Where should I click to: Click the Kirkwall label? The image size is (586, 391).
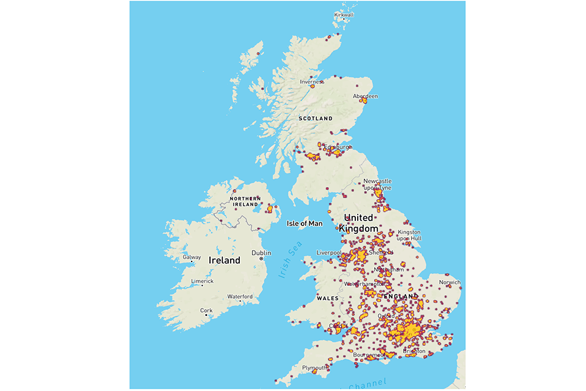tap(344, 15)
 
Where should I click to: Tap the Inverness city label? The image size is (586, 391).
tap(311, 81)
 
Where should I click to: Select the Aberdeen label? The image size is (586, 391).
tap(366, 96)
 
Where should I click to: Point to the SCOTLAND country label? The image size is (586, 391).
tap(315, 118)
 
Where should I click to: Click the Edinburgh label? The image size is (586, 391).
tap(338, 147)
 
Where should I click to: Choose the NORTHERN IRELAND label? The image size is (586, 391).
tap(245, 202)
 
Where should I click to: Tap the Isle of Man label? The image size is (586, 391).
tap(305, 224)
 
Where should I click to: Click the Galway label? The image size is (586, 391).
tap(192, 257)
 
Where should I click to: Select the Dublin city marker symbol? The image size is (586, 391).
tap(261, 259)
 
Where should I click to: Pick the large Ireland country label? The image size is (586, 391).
tap(225, 260)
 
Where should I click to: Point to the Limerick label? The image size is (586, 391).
tap(203, 281)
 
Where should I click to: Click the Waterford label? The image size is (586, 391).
tap(240, 296)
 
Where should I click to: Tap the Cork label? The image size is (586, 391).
tap(207, 310)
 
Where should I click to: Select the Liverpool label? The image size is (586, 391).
tap(329, 252)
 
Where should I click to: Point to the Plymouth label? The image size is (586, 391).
tap(314, 368)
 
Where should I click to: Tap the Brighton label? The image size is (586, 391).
tap(415, 351)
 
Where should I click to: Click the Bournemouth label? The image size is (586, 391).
tap(369, 354)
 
